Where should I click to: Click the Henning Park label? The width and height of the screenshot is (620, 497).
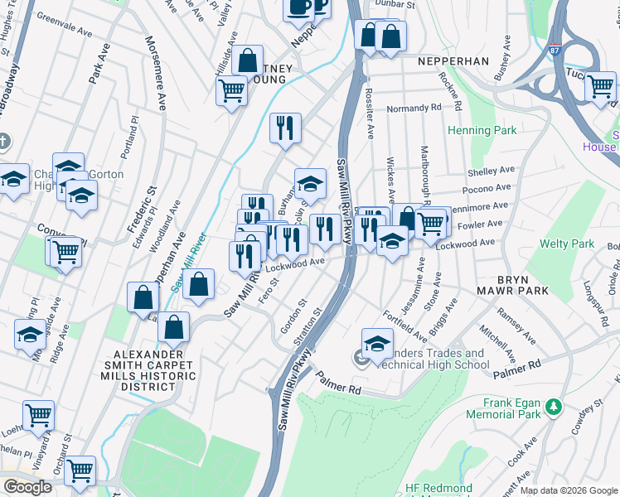[482, 130]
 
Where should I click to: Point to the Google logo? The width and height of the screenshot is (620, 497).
[27, 487]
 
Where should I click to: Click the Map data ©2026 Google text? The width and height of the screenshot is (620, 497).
[569, 490]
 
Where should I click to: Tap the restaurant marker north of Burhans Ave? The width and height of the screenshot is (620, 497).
[284, 128]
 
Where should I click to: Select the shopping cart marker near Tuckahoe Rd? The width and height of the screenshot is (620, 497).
[599, 87]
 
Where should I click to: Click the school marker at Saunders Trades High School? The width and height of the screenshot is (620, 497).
[377, 343]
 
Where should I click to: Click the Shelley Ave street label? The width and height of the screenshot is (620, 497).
[492, 171]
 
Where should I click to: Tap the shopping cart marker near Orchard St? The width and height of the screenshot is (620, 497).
[80, 470]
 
